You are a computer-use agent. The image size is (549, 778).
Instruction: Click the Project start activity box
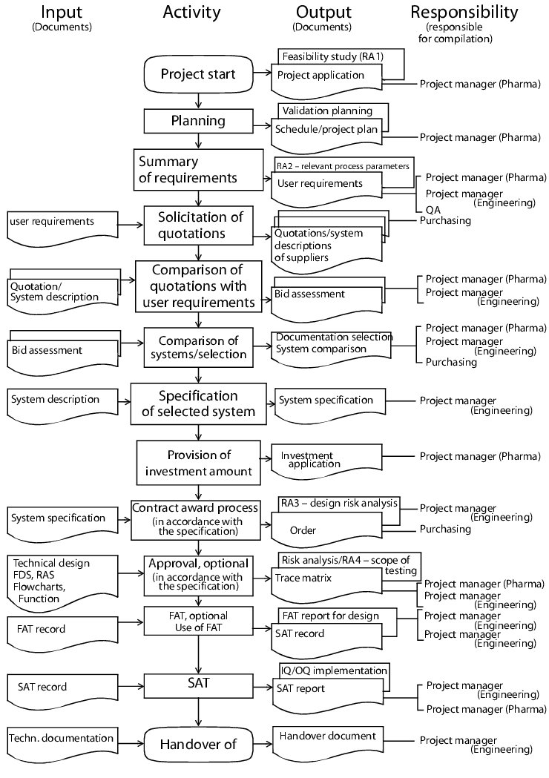(x=198, y=74)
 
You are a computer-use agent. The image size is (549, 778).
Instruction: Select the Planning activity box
(x=199, y=121)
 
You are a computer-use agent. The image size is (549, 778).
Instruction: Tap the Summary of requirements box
(x=198, y=170)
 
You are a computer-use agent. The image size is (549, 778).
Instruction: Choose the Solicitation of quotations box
(x=199, y=225)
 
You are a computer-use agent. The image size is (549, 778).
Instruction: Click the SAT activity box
(x=199, y=686)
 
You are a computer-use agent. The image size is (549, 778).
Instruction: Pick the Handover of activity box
(x=198, y=745)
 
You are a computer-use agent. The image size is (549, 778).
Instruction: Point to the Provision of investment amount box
(x=199, y=463)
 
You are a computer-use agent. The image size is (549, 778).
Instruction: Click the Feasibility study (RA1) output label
(x=332, y=56)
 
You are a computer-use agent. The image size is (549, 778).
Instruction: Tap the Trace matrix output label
(x=303, y=578)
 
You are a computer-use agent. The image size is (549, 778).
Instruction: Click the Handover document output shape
(x=328, y=741)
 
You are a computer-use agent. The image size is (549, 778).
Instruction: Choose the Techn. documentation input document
(x=62, y=743)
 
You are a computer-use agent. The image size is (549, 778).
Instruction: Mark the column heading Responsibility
(x=464, y=12)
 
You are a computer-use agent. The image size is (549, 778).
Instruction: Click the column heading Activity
(x=192, y=12)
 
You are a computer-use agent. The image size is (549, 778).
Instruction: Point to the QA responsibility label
(x=433, y=210)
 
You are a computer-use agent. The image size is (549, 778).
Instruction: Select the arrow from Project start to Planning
(x=199, y=101)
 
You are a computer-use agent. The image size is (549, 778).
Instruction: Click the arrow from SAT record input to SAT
(x=131, y=687)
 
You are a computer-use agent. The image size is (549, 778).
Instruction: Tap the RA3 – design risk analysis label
(x=340, y=504)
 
